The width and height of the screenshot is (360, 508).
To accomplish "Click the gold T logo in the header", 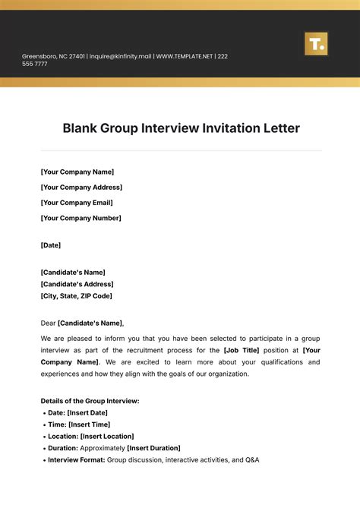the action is [315, 43].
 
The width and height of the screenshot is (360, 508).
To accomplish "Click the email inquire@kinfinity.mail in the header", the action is [122, 56].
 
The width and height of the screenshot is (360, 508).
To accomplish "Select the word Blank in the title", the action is [82, 128].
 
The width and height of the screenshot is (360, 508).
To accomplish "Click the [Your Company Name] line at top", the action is [77, 172].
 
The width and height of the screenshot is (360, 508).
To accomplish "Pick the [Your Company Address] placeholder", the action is [81, 187].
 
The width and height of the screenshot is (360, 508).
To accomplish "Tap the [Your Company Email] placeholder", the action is [76, 203].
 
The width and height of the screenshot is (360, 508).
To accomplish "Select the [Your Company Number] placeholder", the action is [81, 218].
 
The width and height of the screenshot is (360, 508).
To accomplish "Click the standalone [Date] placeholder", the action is [50, 245].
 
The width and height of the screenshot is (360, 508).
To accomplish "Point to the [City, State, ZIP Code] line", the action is [76, 296].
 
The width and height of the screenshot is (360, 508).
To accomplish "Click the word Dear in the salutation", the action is [48, 323].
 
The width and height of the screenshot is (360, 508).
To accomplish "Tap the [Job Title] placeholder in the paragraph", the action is [242, 349].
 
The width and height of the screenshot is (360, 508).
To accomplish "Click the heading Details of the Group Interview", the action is [90, 400].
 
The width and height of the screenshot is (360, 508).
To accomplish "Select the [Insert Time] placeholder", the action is [89, 424].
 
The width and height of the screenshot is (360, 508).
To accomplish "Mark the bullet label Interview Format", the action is [76, 459].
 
